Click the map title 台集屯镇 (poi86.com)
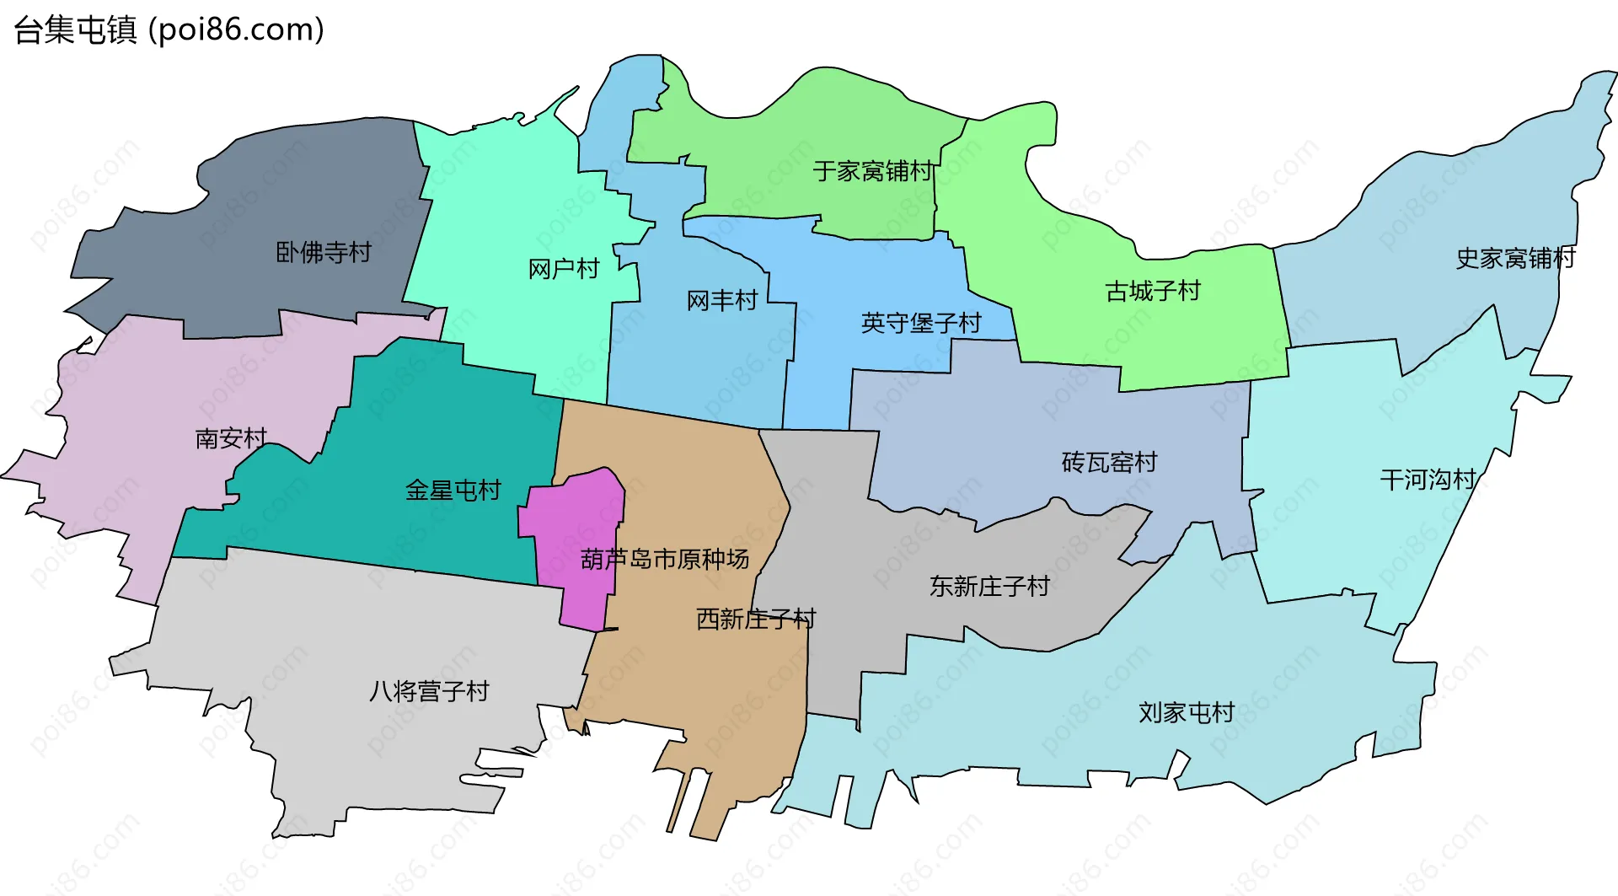click(169, 30)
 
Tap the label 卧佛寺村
click(324, 252)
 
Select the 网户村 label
click(563, 269)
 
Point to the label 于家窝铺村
click(873, 171)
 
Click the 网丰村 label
click(722, 300)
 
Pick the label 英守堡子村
click(921, 323)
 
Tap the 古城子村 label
click(1153, 292)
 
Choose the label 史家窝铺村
click(1515, 258)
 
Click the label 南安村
click(231, 438)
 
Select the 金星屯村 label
click(453, 490)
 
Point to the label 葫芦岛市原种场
click(665, 559)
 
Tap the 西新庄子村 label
click(756, 619)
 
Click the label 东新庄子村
click(989, 586)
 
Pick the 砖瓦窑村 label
click(1109, 462)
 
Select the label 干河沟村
click(1428, 480)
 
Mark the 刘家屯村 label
click(1187, 712)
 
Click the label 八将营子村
click(429, 691)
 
